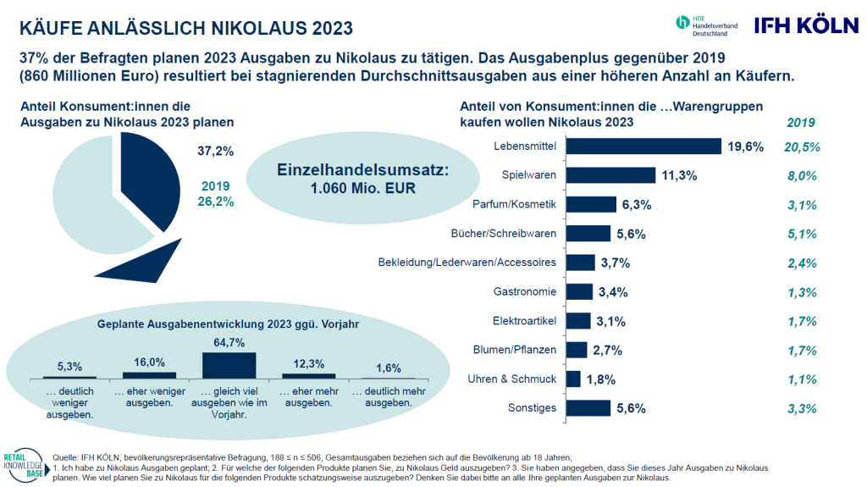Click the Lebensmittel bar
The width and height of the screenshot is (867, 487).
[643, 146]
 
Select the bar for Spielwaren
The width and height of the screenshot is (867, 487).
[611, 174]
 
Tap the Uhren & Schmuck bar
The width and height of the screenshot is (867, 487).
[573, 379]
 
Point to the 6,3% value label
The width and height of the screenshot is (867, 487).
[637, 205]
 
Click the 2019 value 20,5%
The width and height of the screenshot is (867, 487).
[802, 147]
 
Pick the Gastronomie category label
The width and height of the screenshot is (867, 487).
[525, 291]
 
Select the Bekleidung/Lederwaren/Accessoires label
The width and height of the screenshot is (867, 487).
[467, 263]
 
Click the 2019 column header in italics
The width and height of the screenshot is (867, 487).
[801, 123]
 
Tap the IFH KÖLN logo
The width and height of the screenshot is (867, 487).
[807, 25]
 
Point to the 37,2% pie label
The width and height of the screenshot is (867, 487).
[216, 151]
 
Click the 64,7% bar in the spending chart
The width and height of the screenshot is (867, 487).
[229, 365]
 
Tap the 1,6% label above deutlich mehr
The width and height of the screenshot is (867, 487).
[388, 368]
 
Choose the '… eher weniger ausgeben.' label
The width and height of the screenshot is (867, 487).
[149, 396]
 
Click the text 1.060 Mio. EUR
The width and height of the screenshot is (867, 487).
[362, 188]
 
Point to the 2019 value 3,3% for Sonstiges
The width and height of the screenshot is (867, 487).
[802, 409]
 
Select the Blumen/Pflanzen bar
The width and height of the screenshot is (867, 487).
[577, 350]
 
